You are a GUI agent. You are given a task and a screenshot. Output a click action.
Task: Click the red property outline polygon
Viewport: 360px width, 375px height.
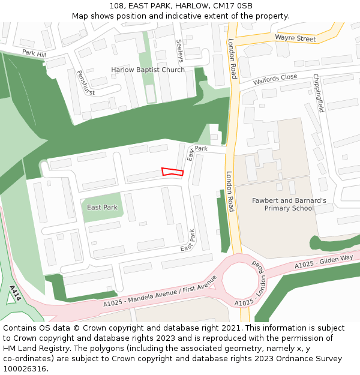[172, 172]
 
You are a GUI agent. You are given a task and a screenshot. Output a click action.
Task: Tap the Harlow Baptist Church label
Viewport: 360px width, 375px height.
[148, 70]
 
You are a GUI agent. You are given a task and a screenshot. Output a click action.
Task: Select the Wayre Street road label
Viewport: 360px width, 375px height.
[295, 38]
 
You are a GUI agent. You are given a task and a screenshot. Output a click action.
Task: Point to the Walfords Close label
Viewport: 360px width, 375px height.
[275, 79]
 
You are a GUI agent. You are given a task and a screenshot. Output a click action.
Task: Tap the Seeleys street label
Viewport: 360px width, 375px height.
[179, 51]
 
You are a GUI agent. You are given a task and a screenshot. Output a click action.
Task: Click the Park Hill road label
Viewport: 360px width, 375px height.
[34, 53]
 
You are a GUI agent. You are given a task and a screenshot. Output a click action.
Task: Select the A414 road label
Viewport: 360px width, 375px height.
[16, 293]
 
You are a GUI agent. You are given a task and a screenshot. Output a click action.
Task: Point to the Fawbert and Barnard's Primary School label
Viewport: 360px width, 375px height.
[289, 204]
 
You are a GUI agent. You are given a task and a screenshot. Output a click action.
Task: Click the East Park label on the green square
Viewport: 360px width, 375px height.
[102, 208]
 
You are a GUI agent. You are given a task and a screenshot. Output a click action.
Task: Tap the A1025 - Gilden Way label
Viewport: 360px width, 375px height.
[323, 262]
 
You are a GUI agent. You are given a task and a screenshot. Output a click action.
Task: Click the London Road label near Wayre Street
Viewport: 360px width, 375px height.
[233, 59]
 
